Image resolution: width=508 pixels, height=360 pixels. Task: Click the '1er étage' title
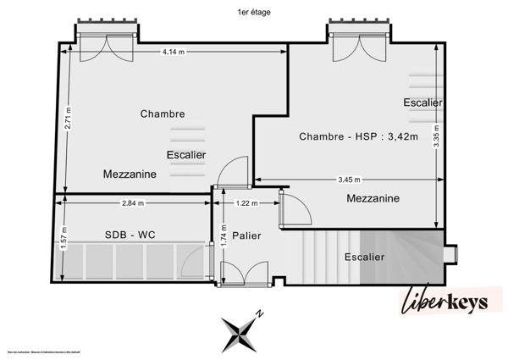coord(254,12)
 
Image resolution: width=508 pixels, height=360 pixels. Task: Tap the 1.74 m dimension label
coord(223,242)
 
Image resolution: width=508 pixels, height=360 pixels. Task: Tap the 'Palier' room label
coord(246,235)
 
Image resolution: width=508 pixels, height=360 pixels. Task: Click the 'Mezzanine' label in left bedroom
coord(129,174)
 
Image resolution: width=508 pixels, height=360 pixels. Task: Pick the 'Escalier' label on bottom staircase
coord(364,257)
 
